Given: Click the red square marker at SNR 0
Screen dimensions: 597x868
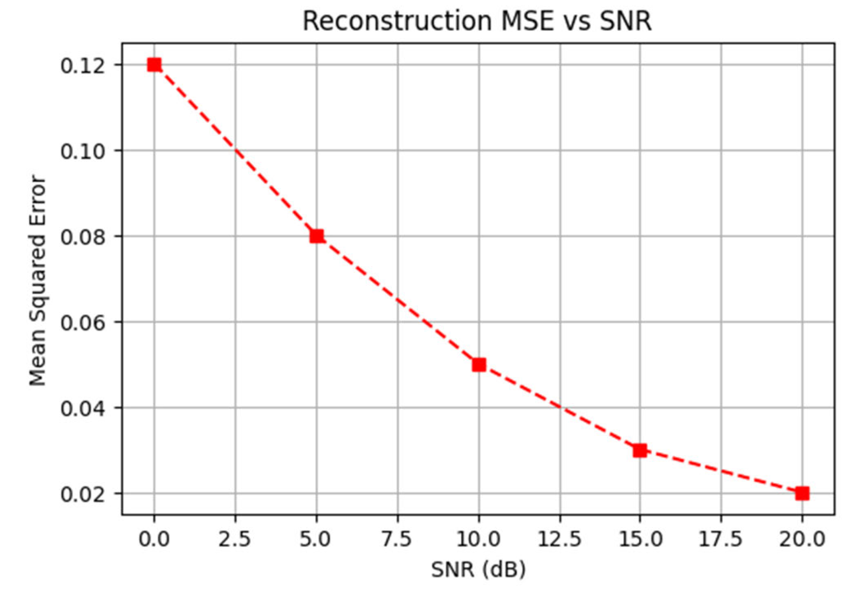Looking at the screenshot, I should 154,65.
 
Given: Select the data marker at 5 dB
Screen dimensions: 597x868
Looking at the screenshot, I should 316,236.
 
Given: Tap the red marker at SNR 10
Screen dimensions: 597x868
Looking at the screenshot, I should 478,365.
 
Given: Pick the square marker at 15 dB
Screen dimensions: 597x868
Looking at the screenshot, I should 640,451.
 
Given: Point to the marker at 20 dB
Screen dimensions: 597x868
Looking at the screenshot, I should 802,493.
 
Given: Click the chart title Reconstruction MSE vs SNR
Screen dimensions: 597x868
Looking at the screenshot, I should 477,21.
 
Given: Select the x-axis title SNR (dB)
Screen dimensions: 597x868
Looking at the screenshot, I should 478,569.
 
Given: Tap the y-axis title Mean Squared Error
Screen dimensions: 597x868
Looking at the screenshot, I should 38,280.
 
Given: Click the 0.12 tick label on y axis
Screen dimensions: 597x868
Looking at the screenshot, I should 83,66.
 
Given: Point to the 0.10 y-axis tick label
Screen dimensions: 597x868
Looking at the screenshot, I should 83,152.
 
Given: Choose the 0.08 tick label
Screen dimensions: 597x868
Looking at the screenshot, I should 83,237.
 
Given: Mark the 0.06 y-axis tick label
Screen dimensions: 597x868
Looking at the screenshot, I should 83,323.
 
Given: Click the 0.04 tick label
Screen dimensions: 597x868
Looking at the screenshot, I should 83,409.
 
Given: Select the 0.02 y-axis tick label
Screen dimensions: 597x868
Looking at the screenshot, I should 83,495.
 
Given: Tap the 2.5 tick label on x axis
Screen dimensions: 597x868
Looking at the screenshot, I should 234,539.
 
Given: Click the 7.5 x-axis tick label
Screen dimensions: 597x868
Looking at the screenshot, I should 397,539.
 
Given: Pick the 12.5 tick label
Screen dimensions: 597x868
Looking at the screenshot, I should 559,539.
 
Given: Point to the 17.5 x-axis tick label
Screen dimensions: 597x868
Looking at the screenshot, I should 721,539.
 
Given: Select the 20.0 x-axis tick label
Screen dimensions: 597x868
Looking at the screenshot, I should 802,539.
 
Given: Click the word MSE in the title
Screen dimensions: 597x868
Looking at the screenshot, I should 527,21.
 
